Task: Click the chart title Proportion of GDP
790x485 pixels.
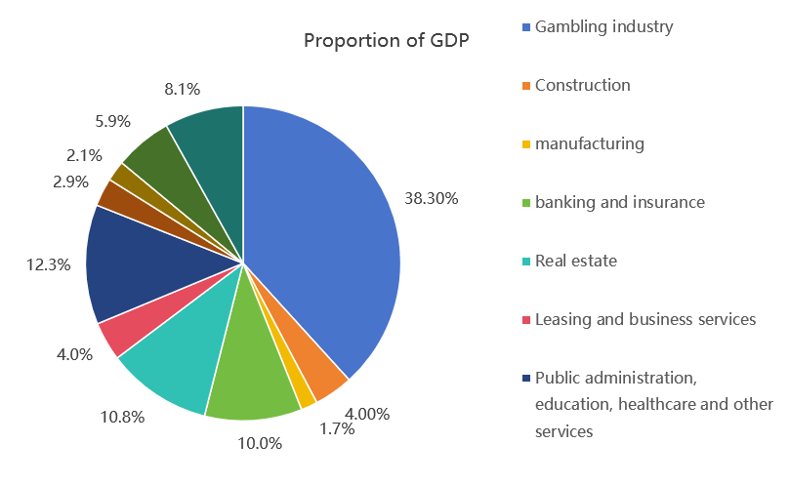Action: (386, 40)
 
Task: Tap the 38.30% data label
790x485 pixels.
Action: (432, 198)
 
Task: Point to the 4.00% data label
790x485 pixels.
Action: (367, 414)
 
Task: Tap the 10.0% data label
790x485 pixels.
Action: (261, 443)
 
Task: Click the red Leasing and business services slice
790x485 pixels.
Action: (121, 330)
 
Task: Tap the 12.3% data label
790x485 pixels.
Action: (48, 264)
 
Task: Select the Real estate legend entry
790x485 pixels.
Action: (575, 261)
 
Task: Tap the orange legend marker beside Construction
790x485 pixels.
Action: (527, 86)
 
